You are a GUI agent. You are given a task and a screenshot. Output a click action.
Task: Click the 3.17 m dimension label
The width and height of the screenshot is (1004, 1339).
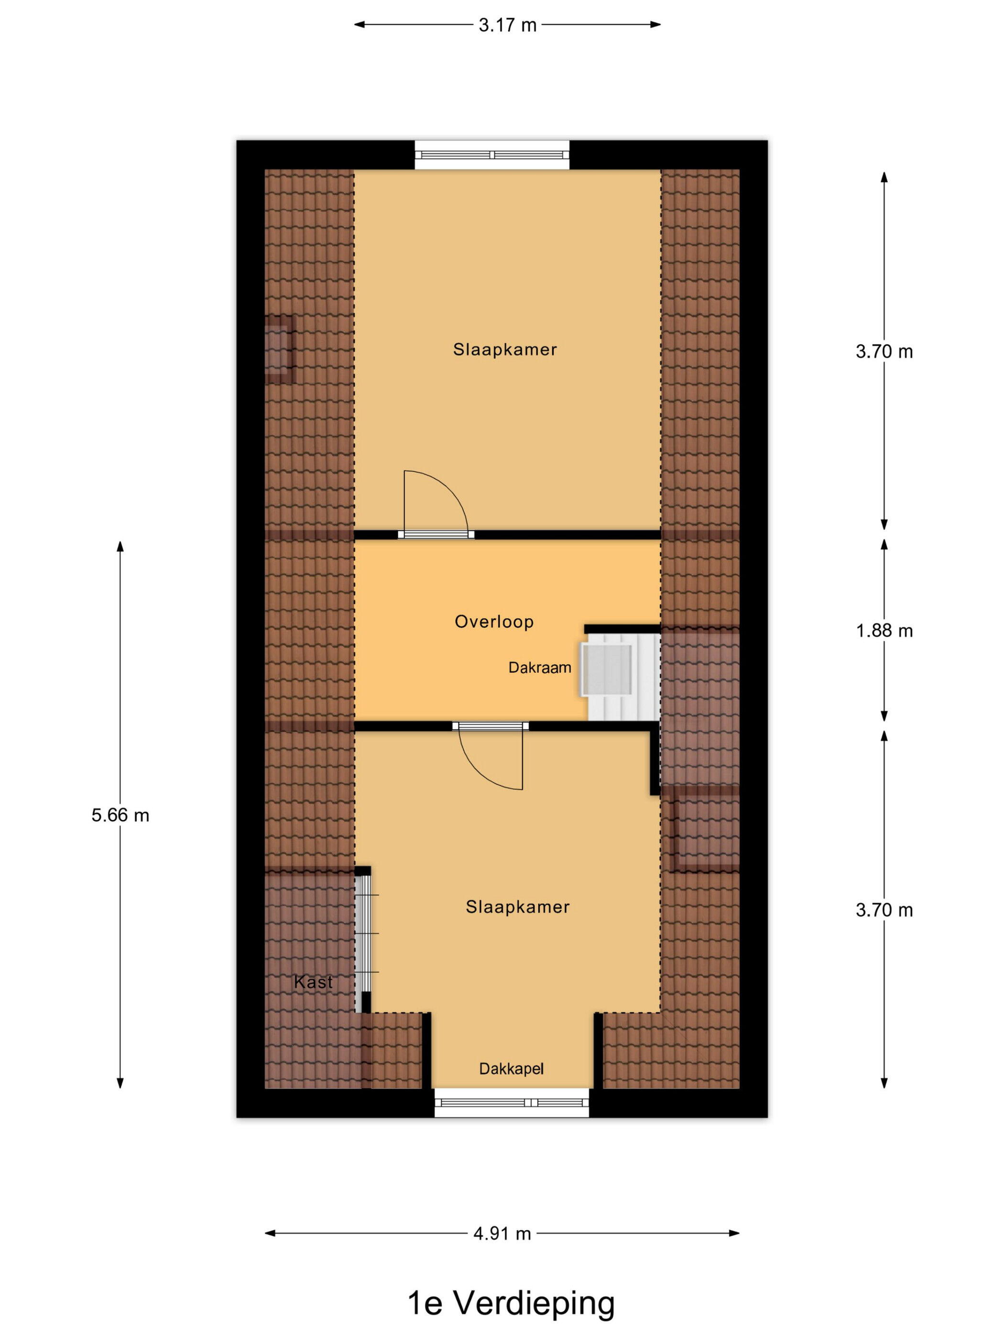(x=507, y=25)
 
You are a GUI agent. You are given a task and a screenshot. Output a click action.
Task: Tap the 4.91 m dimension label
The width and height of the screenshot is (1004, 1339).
(x=502, y=1233)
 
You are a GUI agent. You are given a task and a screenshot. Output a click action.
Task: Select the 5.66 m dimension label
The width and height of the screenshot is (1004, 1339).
(x=120, y=815)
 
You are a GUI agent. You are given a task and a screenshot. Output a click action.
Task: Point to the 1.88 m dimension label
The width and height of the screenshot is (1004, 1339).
(x=884, y=631)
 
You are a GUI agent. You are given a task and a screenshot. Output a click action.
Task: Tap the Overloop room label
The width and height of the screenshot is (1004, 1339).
(x=494, y=622)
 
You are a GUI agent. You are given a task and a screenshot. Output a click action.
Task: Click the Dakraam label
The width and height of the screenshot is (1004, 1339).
(x=539, y=668)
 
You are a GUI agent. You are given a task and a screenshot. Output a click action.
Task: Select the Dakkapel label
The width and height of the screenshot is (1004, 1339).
(x=511, y=1069)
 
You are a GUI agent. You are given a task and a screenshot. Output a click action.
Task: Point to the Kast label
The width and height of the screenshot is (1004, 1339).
(x=313, y=982)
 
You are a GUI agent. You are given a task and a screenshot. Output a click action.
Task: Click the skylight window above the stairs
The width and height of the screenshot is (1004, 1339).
(x=607, y=669)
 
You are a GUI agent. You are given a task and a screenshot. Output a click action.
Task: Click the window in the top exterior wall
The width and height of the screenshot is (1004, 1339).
(x=492, y=154)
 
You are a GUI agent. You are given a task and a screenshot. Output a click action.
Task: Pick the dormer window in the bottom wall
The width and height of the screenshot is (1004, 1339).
(x=512, y=1103)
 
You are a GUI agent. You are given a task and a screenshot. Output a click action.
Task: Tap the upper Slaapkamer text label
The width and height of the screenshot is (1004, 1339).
(x=505, y=349)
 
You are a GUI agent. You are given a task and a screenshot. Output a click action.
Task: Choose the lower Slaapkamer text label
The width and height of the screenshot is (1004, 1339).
(x=517, y=907)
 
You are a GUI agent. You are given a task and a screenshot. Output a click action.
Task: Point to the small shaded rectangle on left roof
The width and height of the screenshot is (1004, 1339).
(x=280, y=349)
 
